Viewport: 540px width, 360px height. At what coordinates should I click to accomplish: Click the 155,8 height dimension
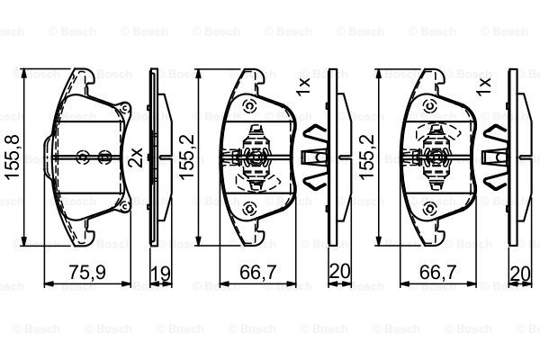pyautogui.click(x=13, y=157)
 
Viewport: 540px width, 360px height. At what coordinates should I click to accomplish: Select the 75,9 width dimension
pyautogui.click(x=87, y=273)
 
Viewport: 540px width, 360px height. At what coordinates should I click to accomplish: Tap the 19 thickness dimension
pyautogui.click(x=161, y=274)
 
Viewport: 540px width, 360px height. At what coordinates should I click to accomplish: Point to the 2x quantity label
pyautogui.click(x=137, y=157)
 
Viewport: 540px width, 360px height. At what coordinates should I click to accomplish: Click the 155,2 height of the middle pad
pyautogui.click(x=188, y=157)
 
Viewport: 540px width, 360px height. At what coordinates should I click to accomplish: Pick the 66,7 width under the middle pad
pyautogui.click(x=258, y=273)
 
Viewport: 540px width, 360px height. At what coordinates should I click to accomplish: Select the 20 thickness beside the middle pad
pyautogui.click(x=339, y=271)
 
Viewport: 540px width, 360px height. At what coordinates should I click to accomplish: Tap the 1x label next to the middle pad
pyautogui.click(x=304, y=85)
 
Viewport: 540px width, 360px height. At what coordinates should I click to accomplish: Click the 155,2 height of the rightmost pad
pyautogui.click(x=366, y=157)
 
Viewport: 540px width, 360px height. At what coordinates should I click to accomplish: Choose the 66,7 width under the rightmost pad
pyautogui.click(x=438, y=273)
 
